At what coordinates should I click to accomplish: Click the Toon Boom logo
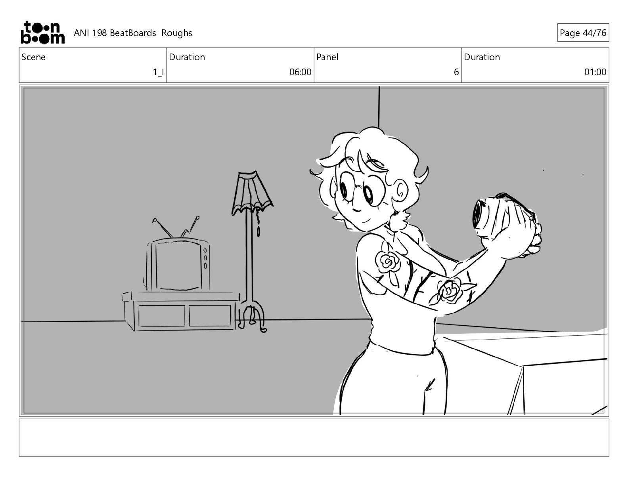click(43, 32)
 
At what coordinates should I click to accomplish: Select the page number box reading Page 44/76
click(583, 32)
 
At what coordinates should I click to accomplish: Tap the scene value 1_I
click(158, 72)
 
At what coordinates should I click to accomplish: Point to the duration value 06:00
click(300, 72)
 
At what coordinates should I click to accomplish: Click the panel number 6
click(456, 72)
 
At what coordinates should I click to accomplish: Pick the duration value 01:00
click(595, 72)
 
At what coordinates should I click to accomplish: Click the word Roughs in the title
click(176, 33)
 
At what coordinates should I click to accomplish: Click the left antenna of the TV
click(163, 227)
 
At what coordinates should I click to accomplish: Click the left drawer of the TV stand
click(161, 316)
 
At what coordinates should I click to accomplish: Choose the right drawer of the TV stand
click(210, 315)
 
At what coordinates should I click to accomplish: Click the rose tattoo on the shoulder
click(387, 262)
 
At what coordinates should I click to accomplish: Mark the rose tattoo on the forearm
click(450, 290)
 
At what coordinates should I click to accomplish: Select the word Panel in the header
click(327, 57)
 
